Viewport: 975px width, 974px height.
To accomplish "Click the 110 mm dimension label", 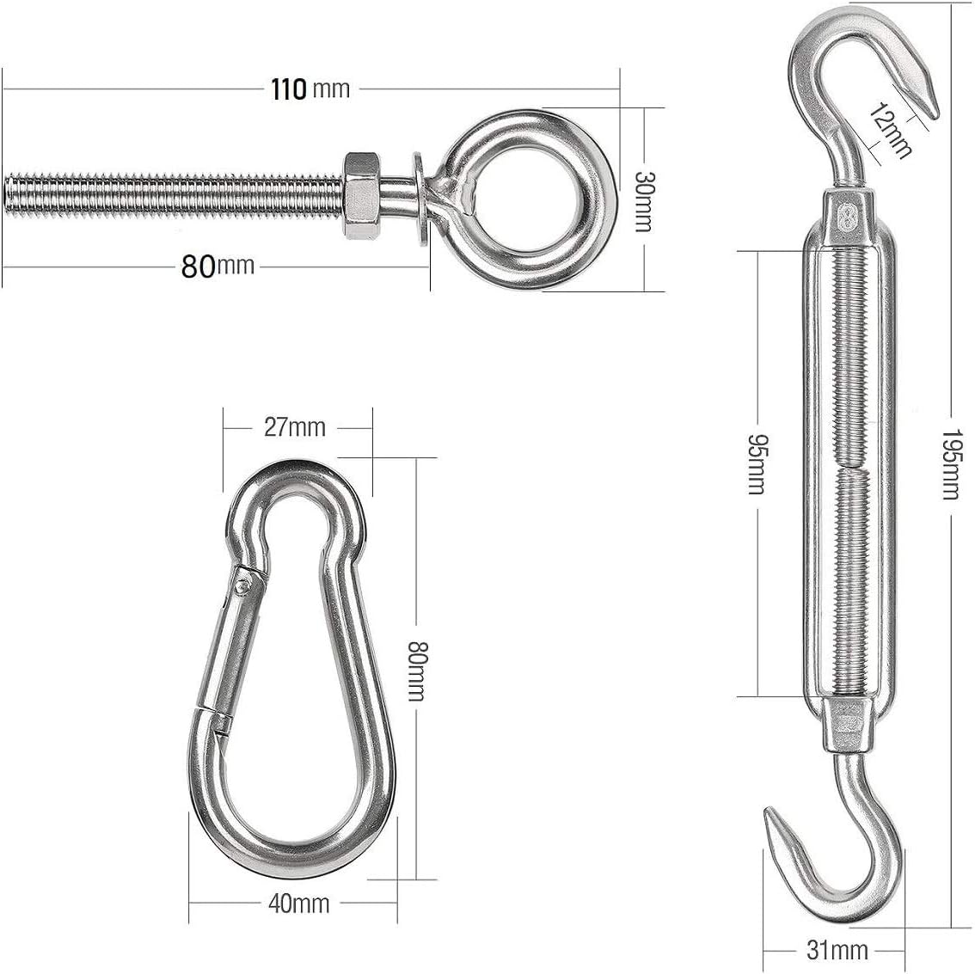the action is [x=310, y=89].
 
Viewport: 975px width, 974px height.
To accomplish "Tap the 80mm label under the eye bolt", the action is [x=218, y=266].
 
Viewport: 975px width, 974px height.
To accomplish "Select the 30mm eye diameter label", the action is [x=644, y=201].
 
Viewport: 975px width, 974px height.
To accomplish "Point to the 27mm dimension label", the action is [x=295, y=427].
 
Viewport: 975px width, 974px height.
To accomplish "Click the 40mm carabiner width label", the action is [x=299, y=904].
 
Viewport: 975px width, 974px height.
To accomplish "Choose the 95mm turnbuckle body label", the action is [x=756, y=464].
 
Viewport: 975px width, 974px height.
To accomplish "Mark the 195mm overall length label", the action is [x=950, y=464].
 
